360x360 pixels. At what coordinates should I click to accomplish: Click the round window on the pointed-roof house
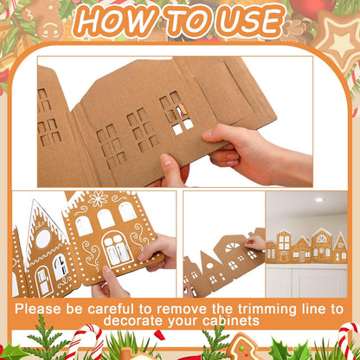click(x=41, y=236)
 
